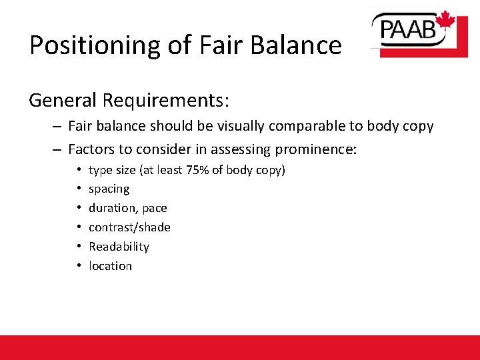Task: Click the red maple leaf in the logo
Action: (445, 21)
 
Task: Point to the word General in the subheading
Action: (63, 100)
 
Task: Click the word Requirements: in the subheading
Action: (165, 100)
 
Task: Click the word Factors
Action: (91, 149)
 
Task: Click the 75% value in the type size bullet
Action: (197, 170)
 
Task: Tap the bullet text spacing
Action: (109, 189)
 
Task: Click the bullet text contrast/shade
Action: (129, 227)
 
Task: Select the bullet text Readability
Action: (119, 247)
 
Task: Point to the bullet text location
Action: (110, 266)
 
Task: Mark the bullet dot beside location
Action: (78, 266)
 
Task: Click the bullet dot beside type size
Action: (78, 170)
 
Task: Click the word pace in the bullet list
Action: (155, 208)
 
